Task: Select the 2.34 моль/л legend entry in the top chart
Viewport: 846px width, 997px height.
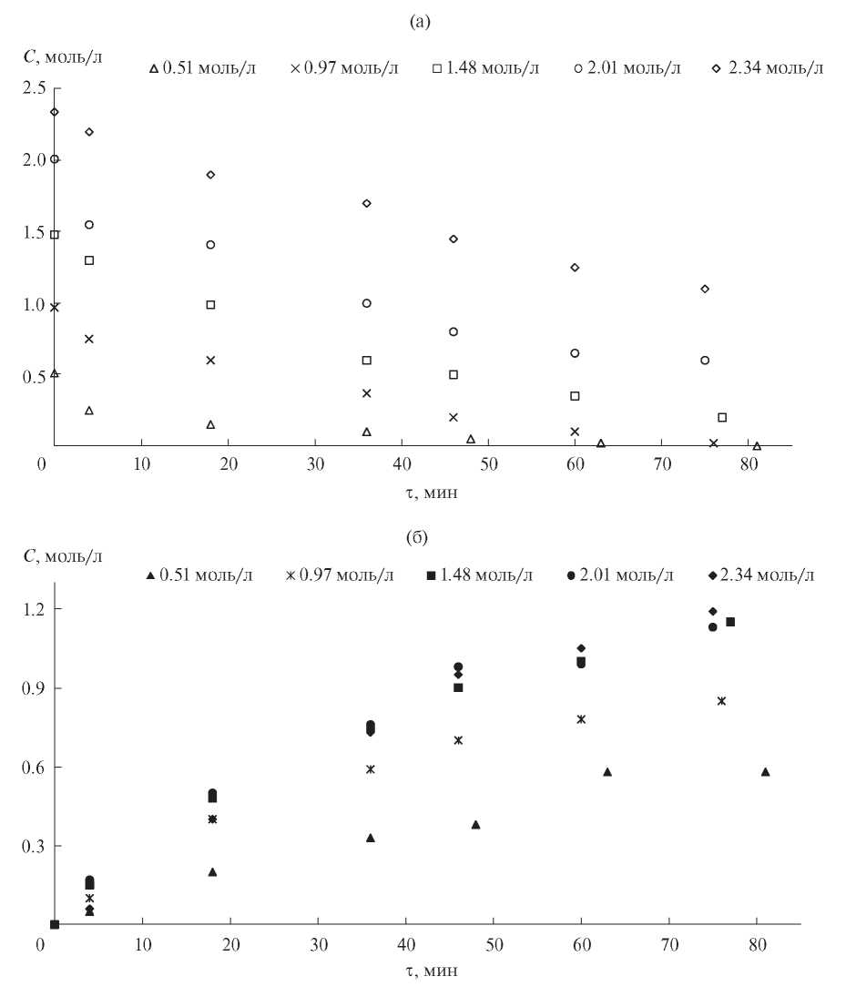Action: point(769,69)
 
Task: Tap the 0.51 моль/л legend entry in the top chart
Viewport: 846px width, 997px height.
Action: point(203,69)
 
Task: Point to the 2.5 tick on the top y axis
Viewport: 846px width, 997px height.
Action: point(34,87)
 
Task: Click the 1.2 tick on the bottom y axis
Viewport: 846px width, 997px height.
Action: point(34,609)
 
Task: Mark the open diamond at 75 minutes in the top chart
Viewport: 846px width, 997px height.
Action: point(705,289)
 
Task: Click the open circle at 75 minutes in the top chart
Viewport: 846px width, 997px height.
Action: point(705,361)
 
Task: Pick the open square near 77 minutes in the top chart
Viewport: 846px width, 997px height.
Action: point(722,417)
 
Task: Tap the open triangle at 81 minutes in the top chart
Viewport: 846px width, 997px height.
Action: point(757,445)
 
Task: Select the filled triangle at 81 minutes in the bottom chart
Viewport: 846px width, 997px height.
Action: point(765,772)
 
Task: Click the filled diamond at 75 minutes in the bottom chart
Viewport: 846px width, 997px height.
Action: point(713,611)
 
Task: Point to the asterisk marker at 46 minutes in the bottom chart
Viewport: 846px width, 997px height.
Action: point(458,740)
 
